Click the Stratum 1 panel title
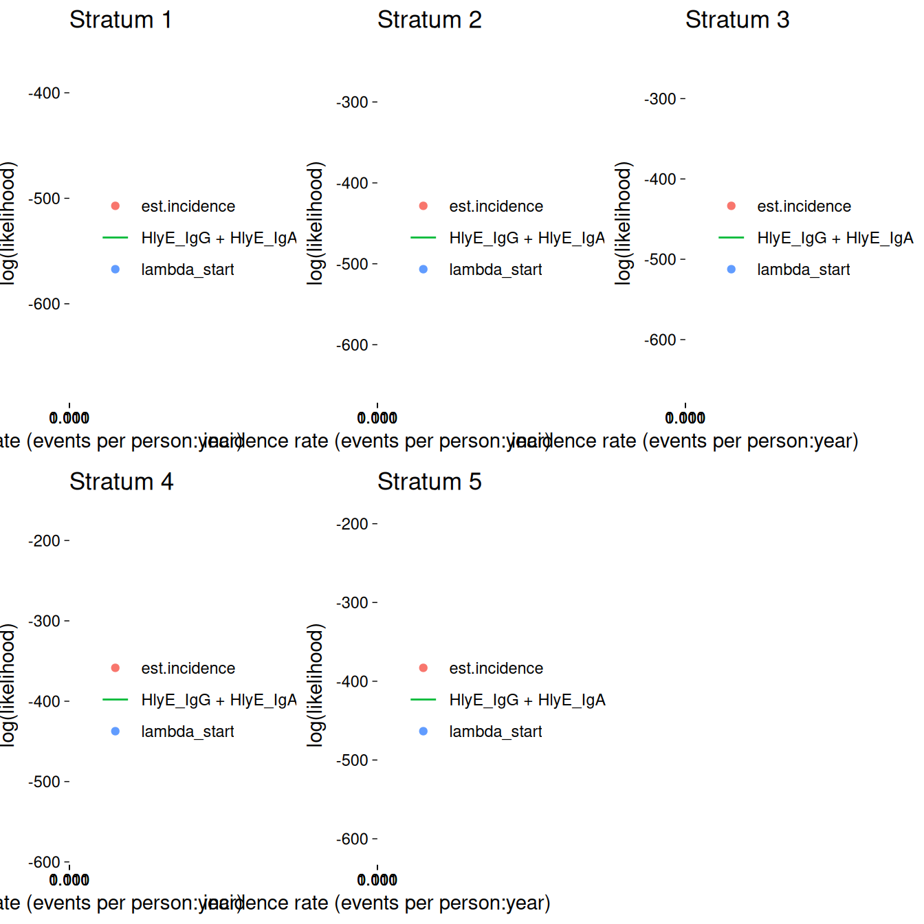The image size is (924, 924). pos(120,20)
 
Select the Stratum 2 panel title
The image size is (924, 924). pos(429,20)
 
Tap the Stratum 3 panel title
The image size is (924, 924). pos(737,20)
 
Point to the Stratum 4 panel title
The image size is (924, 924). pos(121,482)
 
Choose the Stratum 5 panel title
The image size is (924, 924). pos(429,482)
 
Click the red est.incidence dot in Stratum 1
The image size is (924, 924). pos(115,206)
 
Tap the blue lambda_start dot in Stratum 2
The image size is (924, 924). pos(423,269)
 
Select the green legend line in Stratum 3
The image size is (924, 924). pos(731,238)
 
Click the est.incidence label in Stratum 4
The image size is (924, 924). pos(188,668)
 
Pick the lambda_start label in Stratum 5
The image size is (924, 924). pos(496,731)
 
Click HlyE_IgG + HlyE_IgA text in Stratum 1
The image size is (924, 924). pos(219,238)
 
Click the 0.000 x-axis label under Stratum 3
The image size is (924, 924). pos(685,418)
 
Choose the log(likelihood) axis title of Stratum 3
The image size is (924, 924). pos(623,223)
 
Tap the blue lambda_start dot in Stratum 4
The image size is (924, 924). pos(115,731)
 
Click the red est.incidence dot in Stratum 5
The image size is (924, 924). pos(423,668)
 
